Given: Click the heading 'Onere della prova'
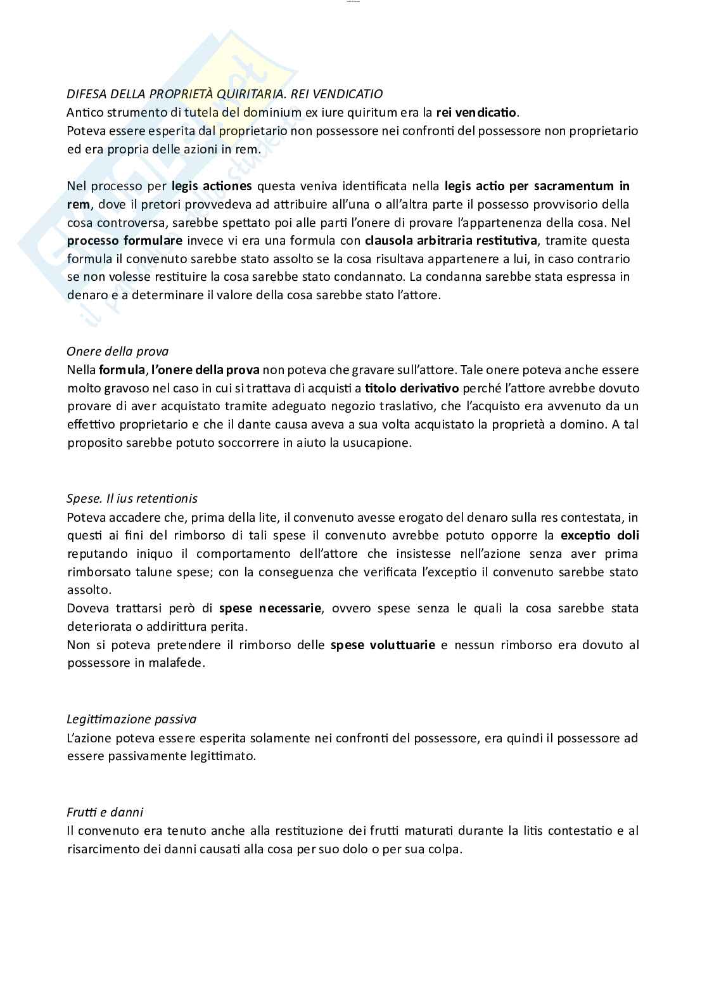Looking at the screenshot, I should tap(118, 351).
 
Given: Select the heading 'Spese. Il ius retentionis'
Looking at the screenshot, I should tap(132, 498).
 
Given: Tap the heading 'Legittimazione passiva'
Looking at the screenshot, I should tap(131, 719).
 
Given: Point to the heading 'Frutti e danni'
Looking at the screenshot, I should tap(105, 812).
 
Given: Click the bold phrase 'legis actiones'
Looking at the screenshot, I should tap(212, 186).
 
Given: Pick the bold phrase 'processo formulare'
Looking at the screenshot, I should tap(125, 240).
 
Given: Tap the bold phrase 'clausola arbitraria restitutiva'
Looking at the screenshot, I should tap(450, 240).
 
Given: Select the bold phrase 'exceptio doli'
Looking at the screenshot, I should tap(599, 535).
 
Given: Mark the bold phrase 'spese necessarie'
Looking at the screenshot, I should tap(271, 608).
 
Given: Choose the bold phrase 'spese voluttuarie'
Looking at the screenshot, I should tap(383, 645).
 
